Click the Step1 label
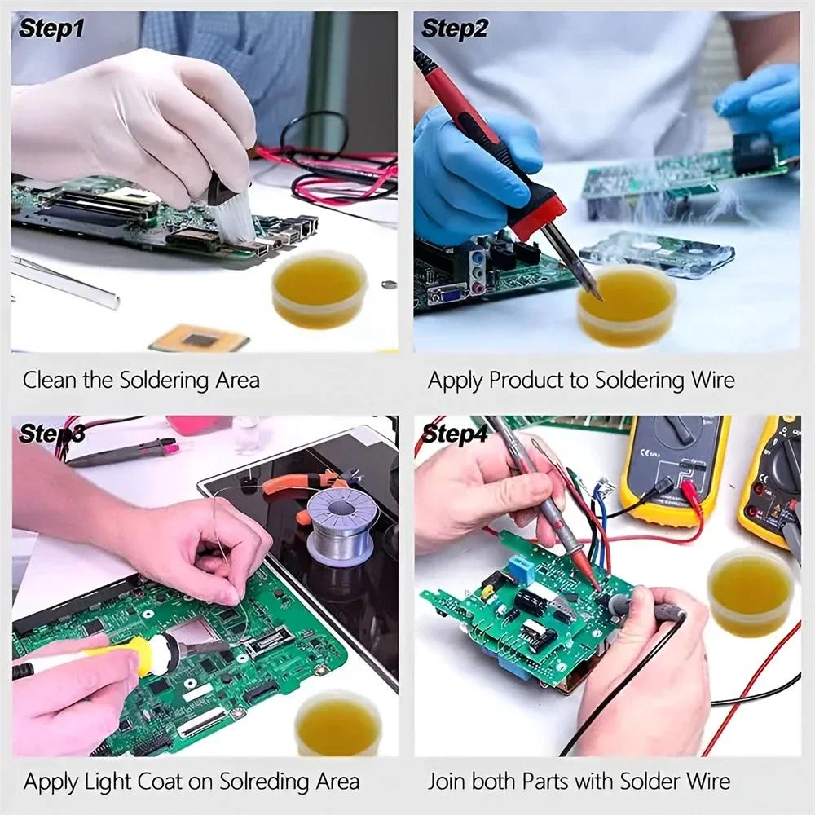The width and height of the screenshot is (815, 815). pos(51,29)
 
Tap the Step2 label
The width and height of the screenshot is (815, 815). pos(454,29)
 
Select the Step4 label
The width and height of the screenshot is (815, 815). pos(454,434)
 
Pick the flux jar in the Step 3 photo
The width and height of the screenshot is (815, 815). pos(337,724)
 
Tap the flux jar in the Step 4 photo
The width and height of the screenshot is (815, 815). pos(751,593)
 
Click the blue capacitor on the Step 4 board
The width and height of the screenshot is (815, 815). pos(519,568)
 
